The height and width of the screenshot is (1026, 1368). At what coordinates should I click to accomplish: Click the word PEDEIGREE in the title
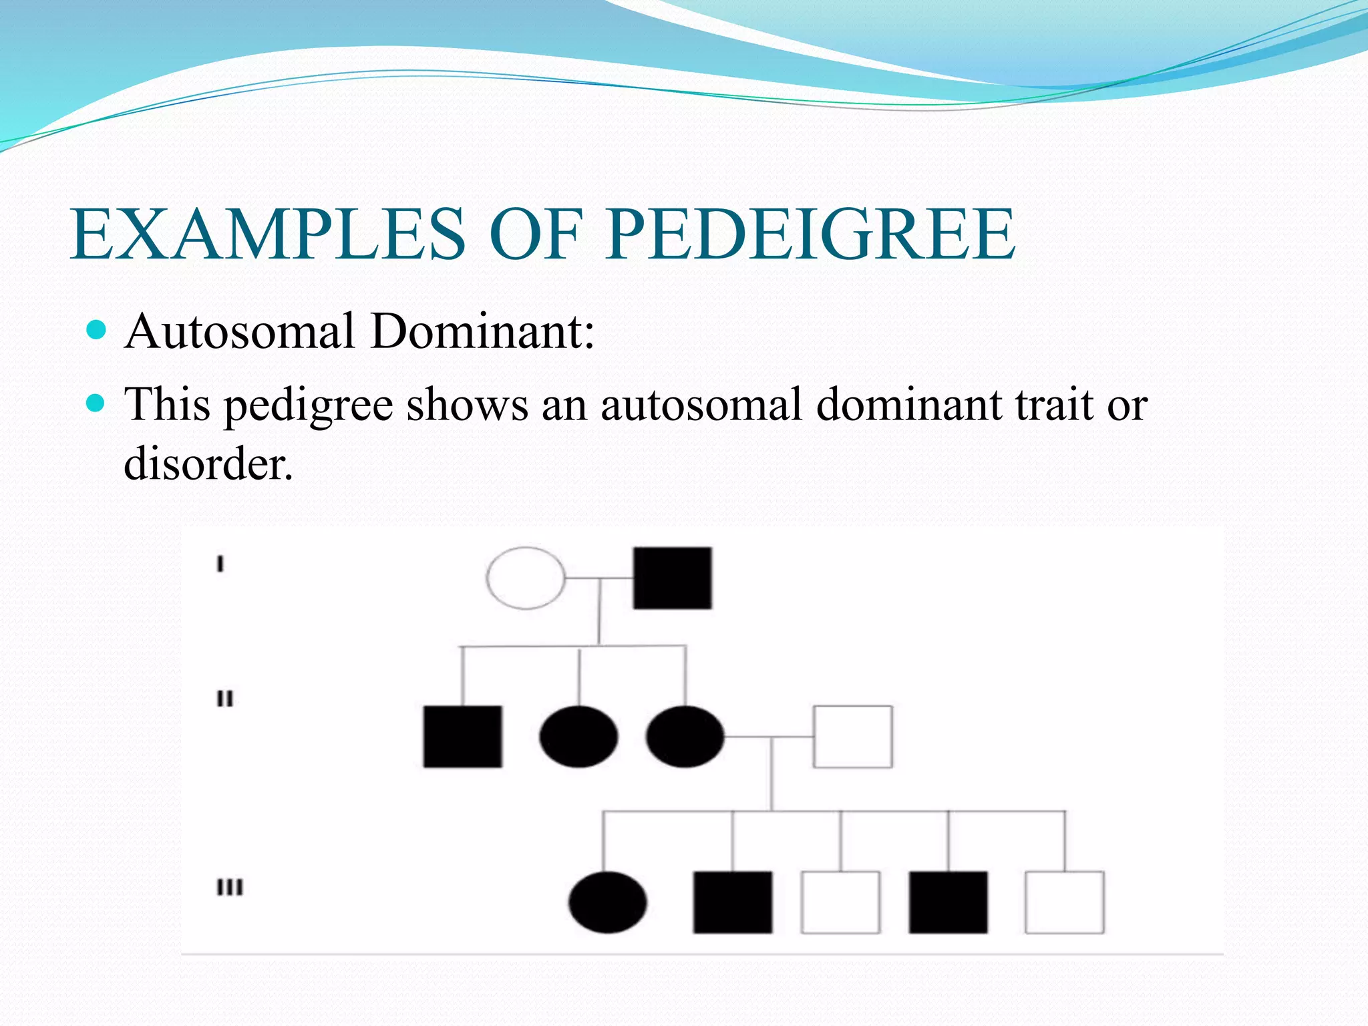[x=811, y=234]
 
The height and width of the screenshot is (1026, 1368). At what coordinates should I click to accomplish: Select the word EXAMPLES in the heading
[x=267, y=234]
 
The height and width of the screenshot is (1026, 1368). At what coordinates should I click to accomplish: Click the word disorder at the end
[x=208, y=463]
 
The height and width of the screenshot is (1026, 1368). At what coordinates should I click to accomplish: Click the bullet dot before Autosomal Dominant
[x=97, y=330]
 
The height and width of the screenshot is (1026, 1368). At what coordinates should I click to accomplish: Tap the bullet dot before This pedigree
[x=97, y=403]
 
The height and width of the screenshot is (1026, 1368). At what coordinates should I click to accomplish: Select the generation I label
[x=220, y=564]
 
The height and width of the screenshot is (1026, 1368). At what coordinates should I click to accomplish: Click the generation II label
[x=225, y=699]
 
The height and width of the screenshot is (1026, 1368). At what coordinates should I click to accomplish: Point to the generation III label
[x=230, y=888]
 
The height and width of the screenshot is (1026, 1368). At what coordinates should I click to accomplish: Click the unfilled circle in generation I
[x=526, y=578]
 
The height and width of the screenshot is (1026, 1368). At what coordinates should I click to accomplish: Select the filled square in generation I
[x=672, y=578]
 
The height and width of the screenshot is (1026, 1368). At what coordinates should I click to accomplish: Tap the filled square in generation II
[x=462, y=736]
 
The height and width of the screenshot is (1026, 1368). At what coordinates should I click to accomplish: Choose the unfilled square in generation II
[x=852, y=736]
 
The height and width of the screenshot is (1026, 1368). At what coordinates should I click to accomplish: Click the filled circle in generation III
[x=607, y=902]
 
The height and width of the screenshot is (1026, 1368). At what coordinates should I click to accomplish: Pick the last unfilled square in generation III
[x=1064, y=902]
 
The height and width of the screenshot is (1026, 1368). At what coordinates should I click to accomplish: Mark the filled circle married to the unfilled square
[x=685, y=736]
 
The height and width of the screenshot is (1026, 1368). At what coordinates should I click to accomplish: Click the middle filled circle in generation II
[x=578, y=736]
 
